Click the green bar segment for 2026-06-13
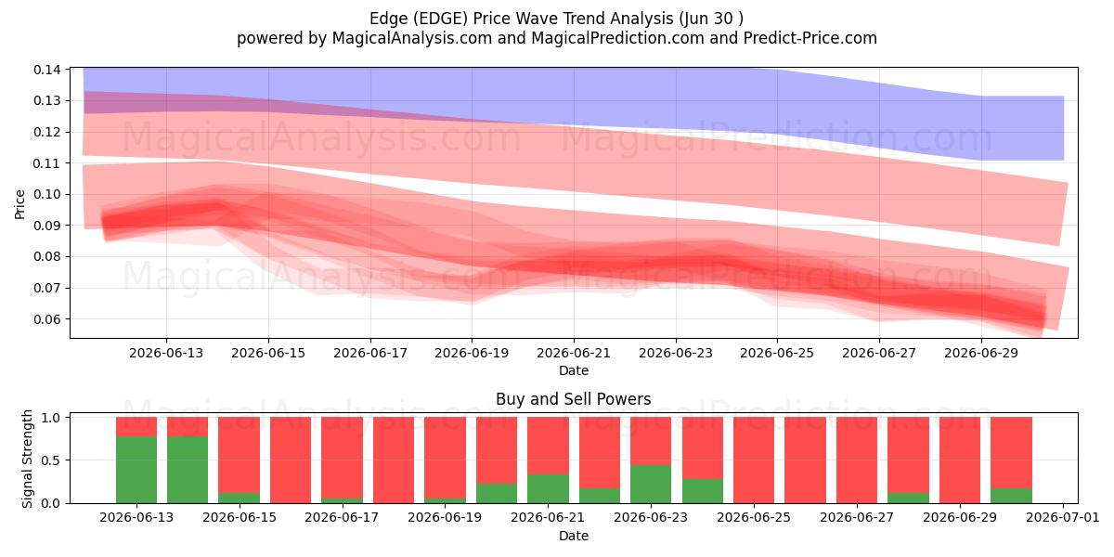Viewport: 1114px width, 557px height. pyautogui.click(x=136, y=470)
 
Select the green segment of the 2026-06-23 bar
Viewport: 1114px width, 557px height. pyautogui.click(x=651, y=484)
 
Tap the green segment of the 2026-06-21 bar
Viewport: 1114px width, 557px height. pyautogui.click(x=548, y=489)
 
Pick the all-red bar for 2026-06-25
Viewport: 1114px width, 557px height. pyautogui.click(x=754, y=460)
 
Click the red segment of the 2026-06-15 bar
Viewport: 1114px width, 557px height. pyautogui.click(x=240, y=455)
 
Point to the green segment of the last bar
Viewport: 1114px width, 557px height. pyautogui.click(x=1011, y=496)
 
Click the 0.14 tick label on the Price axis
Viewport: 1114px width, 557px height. pyautogui.click(x=47, y=70)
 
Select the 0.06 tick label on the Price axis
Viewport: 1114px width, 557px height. pyautogui.click(x=47, y=319)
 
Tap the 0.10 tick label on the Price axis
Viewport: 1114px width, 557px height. pyautogui.click(x=47, y=194)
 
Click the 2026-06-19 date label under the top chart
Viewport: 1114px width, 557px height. pyautogui.click(x=472, y=353)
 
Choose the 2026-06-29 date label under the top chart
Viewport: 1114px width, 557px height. pyautogui.click(x=981, y=353)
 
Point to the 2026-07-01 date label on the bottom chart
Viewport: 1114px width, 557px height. pyautogui.click(x=1063, y=518)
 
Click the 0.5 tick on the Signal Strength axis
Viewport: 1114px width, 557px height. pyautogui.click(x=50, y=460)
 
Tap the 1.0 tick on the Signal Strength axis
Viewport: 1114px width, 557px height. pyautogui.click(x=50, y=418)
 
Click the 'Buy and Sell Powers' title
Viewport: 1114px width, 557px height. pyautogui.click(x=574, y=399)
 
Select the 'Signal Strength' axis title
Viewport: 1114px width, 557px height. pyautogui.click(x=27, y=459)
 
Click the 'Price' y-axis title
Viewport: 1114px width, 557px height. pyautogui.click(x=19, y=204)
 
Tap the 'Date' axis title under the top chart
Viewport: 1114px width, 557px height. pyautogui.click(x=574, y=370)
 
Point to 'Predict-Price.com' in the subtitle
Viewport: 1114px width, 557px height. pyautogui.click(x=810, y=38)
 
